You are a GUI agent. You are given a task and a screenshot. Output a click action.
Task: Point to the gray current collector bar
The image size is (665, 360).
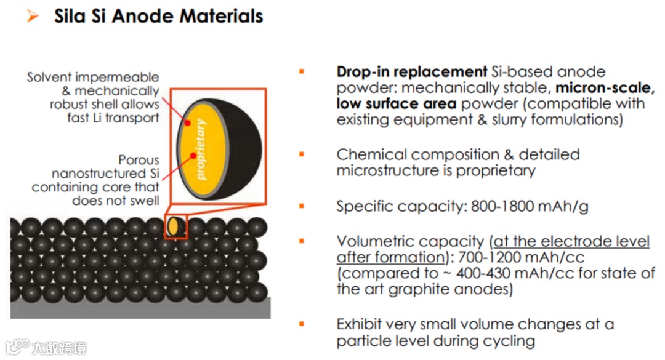tap(140, 308)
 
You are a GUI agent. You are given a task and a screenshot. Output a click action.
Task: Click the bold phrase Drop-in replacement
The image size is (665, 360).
tap(411, 72)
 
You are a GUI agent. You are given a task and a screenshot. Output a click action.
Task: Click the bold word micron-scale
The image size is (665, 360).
tap(605, 88)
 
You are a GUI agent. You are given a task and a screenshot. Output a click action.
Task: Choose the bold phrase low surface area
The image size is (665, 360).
tap(396, 104)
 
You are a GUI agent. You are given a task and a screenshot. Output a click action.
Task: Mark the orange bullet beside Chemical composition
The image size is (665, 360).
tap(302, 154)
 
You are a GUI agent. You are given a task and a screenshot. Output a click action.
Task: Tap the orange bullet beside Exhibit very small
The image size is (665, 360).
tap(302, 324)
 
